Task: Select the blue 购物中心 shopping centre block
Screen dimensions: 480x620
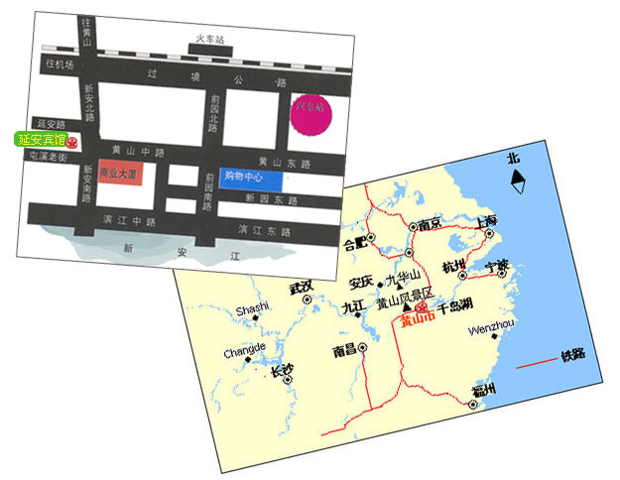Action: (251, 178)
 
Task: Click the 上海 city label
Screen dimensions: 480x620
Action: (486, 220)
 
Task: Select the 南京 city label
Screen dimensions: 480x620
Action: (430, 224)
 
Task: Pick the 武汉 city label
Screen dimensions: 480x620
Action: (301, 287)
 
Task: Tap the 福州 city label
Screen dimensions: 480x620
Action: (485, 389)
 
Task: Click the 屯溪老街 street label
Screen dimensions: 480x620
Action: (48, 157)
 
